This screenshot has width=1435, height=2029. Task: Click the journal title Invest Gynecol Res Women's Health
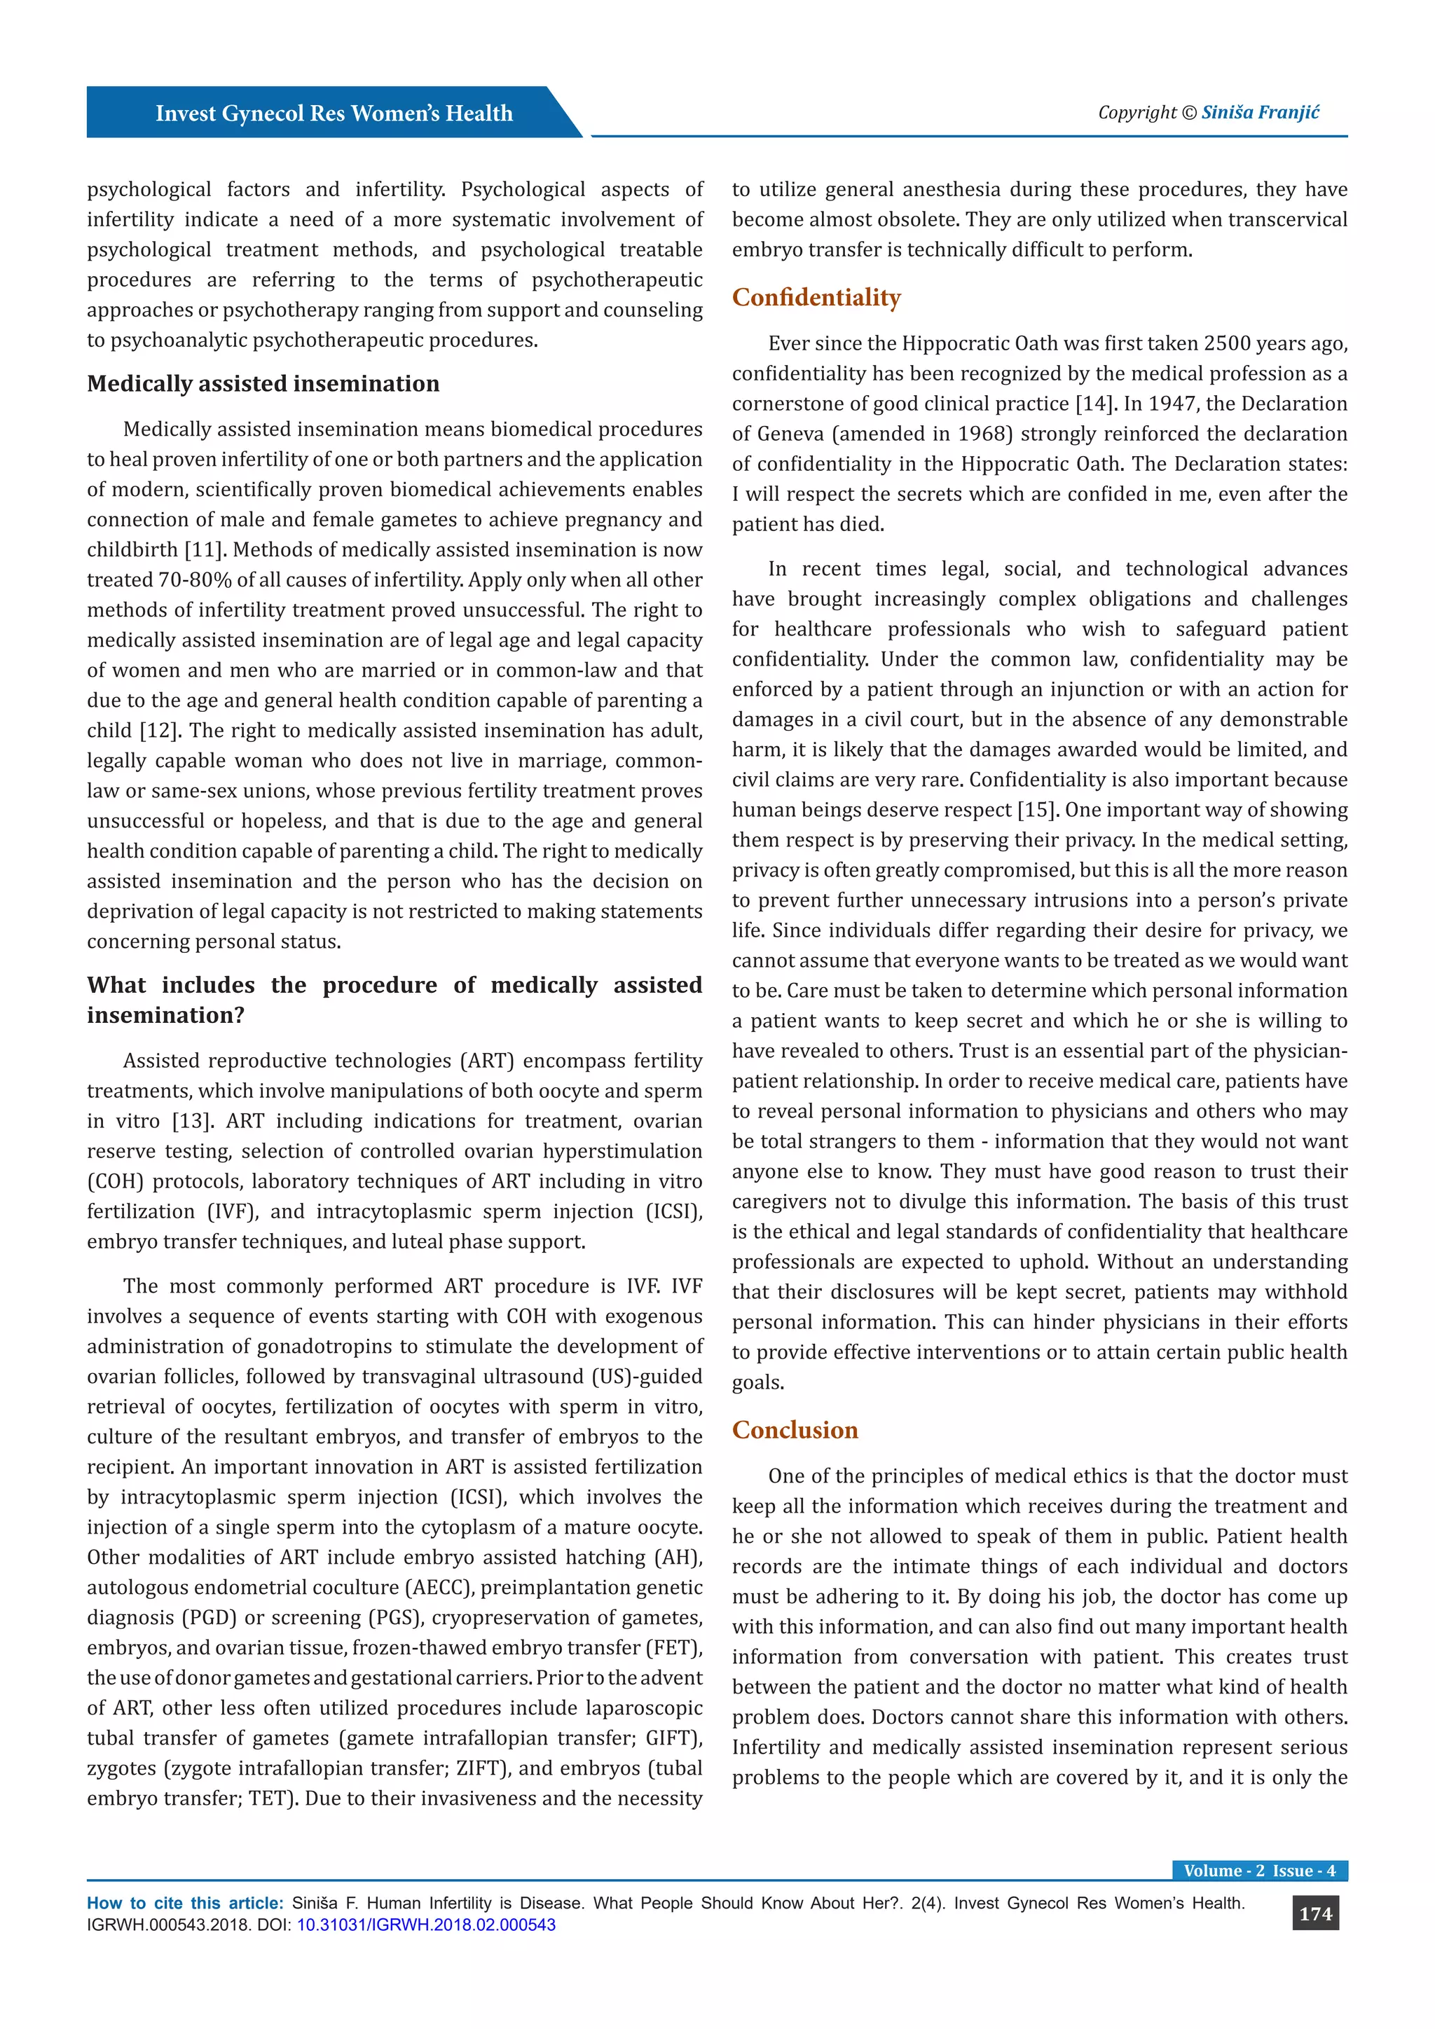(334, 113)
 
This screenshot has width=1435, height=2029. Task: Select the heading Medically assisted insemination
(263, 383)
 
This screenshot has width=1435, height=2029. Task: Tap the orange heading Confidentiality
(816, 297)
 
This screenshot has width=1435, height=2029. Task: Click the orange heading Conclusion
(795, 1430)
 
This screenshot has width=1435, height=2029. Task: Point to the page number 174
(1314, 1913)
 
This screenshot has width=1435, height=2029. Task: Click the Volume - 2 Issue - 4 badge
(1259, 1871)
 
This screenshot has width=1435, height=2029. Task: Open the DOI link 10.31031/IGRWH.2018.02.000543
(426, 1925)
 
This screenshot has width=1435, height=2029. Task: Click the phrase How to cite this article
(185, 1904)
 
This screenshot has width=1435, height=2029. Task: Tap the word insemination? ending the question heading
(165, 1015)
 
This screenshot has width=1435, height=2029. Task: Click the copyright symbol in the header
(1188, 113)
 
